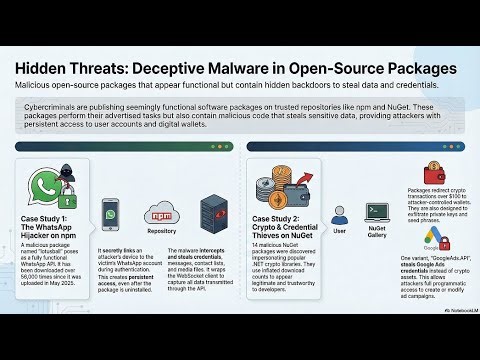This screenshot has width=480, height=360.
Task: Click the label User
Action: click(339, 230)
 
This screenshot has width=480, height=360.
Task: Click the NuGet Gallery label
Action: click(378, 235)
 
